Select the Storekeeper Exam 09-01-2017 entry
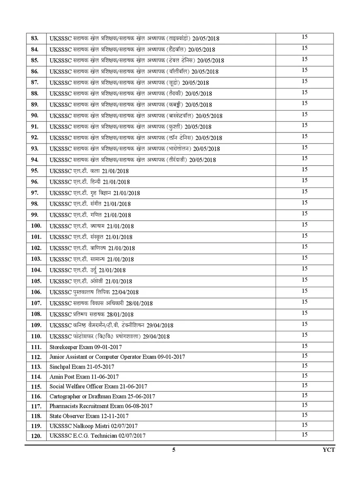pyautogui.click(x=85, y=347)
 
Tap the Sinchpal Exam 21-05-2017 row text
pyautogui.click(x=82, y=367)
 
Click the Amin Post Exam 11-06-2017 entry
pyautogui.click(x=84, y=377)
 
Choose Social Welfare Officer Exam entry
pyautogui.click(x=98, y=387)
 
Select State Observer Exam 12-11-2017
pyautogui.click(x=89, y=416)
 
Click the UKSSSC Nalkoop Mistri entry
pyautogui.click(x=94, y=426)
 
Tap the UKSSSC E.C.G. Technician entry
pyautogui.click(x=97, y=436)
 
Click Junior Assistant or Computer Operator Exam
pyautogui.click(x=117, y=357)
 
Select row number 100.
pyautogui.click(x=36, y=226)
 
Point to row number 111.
pyautogui.click(x=36, y=347)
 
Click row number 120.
pyautogui.click(x=36, y=436)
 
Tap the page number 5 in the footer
pyautogui.click(x=174, y=450)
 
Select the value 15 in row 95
pyautogui.click(x=305, y=170)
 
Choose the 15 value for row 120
pyautogui.click(x=305, y=435)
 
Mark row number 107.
pyautogui.click(x=36, y=303)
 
